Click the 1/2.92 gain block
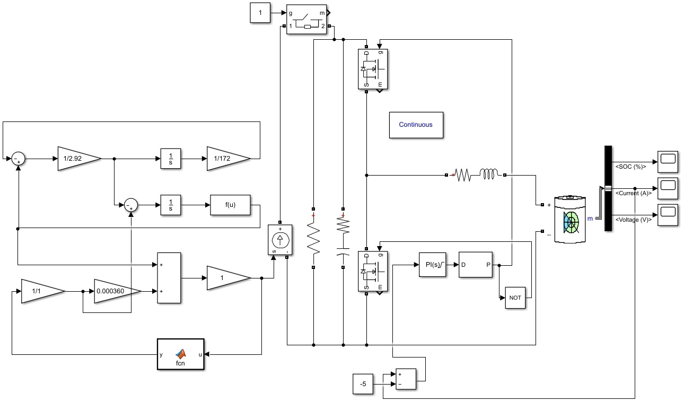(79, 159)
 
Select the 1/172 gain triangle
(229, 159)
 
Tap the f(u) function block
(230, 205)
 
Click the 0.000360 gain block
(118, 291)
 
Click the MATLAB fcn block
(180, 354)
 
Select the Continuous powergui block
(416, 125)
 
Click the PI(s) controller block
(432, 265)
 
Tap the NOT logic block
(515, 298)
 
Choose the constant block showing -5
(363, 384)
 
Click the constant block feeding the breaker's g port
(260, 13)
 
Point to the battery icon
(570, 219)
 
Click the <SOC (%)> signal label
(631, 167)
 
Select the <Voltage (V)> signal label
(634, 220)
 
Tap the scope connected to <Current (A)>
(668, 188)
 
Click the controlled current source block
(280, 240)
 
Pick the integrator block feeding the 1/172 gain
(171, 159)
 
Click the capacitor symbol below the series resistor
(343, 251)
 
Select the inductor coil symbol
(488, 174)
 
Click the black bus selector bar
(608, 188)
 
